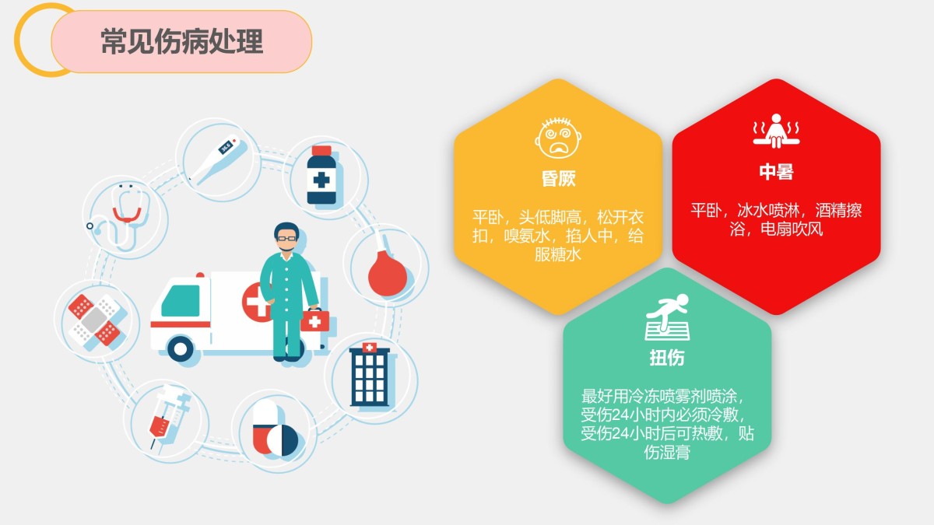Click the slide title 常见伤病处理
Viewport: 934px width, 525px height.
coord(182,42)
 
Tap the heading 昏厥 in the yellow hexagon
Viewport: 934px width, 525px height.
coord(558,178)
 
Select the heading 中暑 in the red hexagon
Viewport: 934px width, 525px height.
coord(776,172)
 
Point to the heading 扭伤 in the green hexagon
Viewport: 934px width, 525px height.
coord(667,358)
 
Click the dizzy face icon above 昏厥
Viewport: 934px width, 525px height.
coord(558,138)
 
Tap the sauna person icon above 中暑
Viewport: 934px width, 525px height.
coord(776,131)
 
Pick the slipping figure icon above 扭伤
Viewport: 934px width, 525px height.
coord(667,317)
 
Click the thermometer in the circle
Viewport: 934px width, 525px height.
coord(218,160)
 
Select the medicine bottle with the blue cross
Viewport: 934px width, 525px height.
coord(321,175)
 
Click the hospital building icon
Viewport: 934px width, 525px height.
coord(370,374)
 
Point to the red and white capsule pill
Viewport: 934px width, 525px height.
coord(265,426)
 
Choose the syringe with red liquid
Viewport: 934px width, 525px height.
coord(169,418)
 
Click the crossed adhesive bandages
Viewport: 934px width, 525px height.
coord(95,320)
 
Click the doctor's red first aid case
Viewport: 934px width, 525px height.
coord(314,320)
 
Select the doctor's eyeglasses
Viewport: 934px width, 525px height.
coord(286,239)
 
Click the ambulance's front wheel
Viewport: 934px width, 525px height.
coord(180,349)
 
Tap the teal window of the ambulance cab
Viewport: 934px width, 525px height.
coord(181,301)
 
